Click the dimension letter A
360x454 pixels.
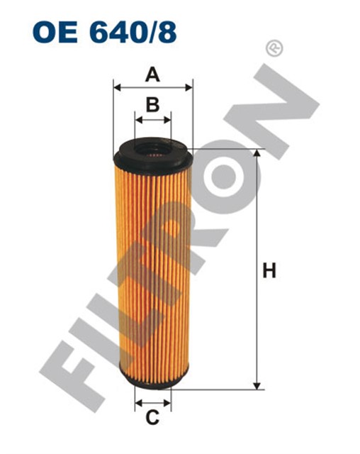(152, 74)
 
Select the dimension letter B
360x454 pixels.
(152, 105)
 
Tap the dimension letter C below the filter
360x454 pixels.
(152, 419)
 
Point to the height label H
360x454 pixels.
(269, 271)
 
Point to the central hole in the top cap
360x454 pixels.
(152, 150)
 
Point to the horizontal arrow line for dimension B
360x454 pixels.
(152, 120)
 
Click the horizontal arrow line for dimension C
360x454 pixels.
(152, 402)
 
